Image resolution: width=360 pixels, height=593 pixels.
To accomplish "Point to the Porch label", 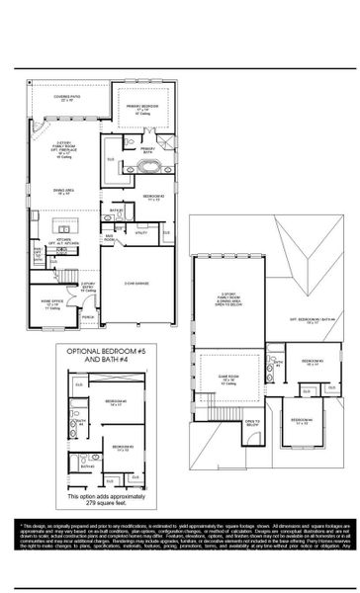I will (x=87, y=317).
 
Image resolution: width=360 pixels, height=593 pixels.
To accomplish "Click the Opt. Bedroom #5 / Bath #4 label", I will (x=314, y=318).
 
